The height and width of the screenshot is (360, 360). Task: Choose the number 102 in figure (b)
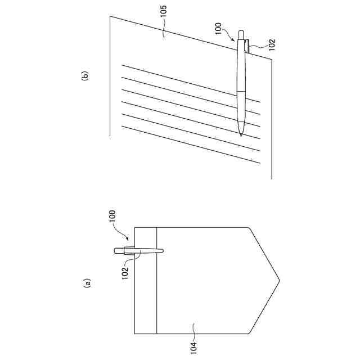(271, 44)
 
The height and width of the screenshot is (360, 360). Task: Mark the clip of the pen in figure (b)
(248, 46)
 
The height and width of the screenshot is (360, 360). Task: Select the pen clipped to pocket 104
(137, 251)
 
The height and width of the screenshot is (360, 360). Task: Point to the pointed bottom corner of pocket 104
(278, 278)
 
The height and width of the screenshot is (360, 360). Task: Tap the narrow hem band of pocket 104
(146, 281)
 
